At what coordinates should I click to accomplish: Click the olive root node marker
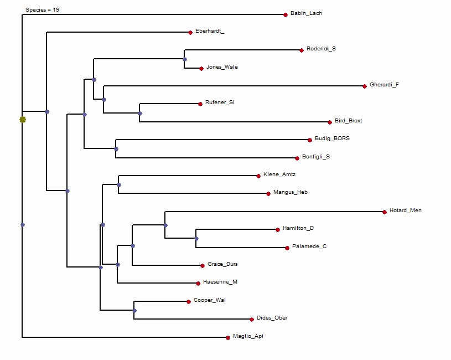(x=23, y=120)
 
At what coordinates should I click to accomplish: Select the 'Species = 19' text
(x=43, y=10)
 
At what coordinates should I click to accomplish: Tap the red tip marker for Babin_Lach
(x=286, y=14)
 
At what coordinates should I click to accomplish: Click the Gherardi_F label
(x=384, y=85)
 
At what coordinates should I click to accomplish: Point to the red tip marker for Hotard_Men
(x=385, y=212)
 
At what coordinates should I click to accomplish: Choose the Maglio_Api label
(x=248, y=336)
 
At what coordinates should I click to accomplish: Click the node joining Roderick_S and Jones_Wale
(x=185, y=59)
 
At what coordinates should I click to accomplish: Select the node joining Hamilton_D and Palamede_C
(x=196, y=239)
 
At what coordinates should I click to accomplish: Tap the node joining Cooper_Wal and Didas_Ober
(x=134, y=311)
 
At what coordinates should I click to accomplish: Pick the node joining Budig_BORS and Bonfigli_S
(x=116, y=148)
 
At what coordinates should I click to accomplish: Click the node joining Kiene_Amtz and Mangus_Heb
(x=119, y=185)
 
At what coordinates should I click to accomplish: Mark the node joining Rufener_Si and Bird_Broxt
(x=140, y=114)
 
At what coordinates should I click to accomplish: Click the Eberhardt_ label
(x=210, y=31)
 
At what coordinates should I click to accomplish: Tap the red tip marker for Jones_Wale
(x=201, y=69)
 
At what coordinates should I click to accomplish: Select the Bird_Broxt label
(x=348, y=121)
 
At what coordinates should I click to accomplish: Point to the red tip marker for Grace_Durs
(x=203, y=266)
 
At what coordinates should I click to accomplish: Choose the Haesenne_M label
(x=220, y=282)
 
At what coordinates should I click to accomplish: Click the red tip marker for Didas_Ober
(x=252, y=319)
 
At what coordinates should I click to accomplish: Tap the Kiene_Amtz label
(x=279, y=175)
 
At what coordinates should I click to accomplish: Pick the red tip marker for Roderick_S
(x=302, y=50)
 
